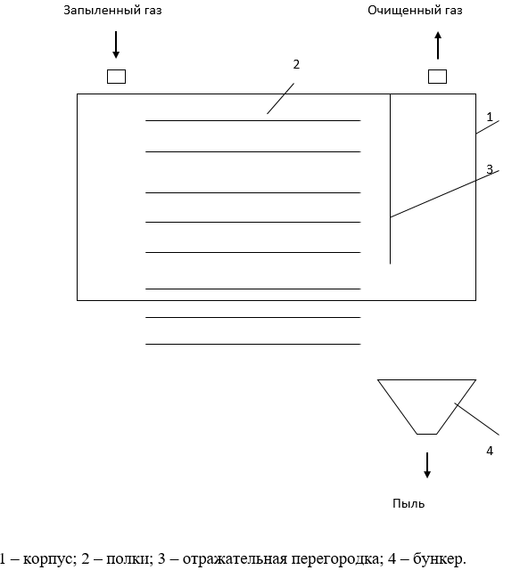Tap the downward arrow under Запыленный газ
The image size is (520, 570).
(116, 45)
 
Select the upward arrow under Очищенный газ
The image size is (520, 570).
(438, 45)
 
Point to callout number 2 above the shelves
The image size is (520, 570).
(296, 64)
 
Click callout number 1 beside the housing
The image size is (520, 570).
(490, 117)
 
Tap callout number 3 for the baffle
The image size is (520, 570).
(490, 169)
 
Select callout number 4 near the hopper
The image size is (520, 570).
(490, 451)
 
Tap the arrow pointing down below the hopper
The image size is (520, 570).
(427, 465)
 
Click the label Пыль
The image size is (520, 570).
(409, 503)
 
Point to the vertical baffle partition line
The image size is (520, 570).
(391, 179)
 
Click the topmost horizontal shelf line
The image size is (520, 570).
(253, 120)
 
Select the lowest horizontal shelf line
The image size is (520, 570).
(253, 344)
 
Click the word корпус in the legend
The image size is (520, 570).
(49, 559)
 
